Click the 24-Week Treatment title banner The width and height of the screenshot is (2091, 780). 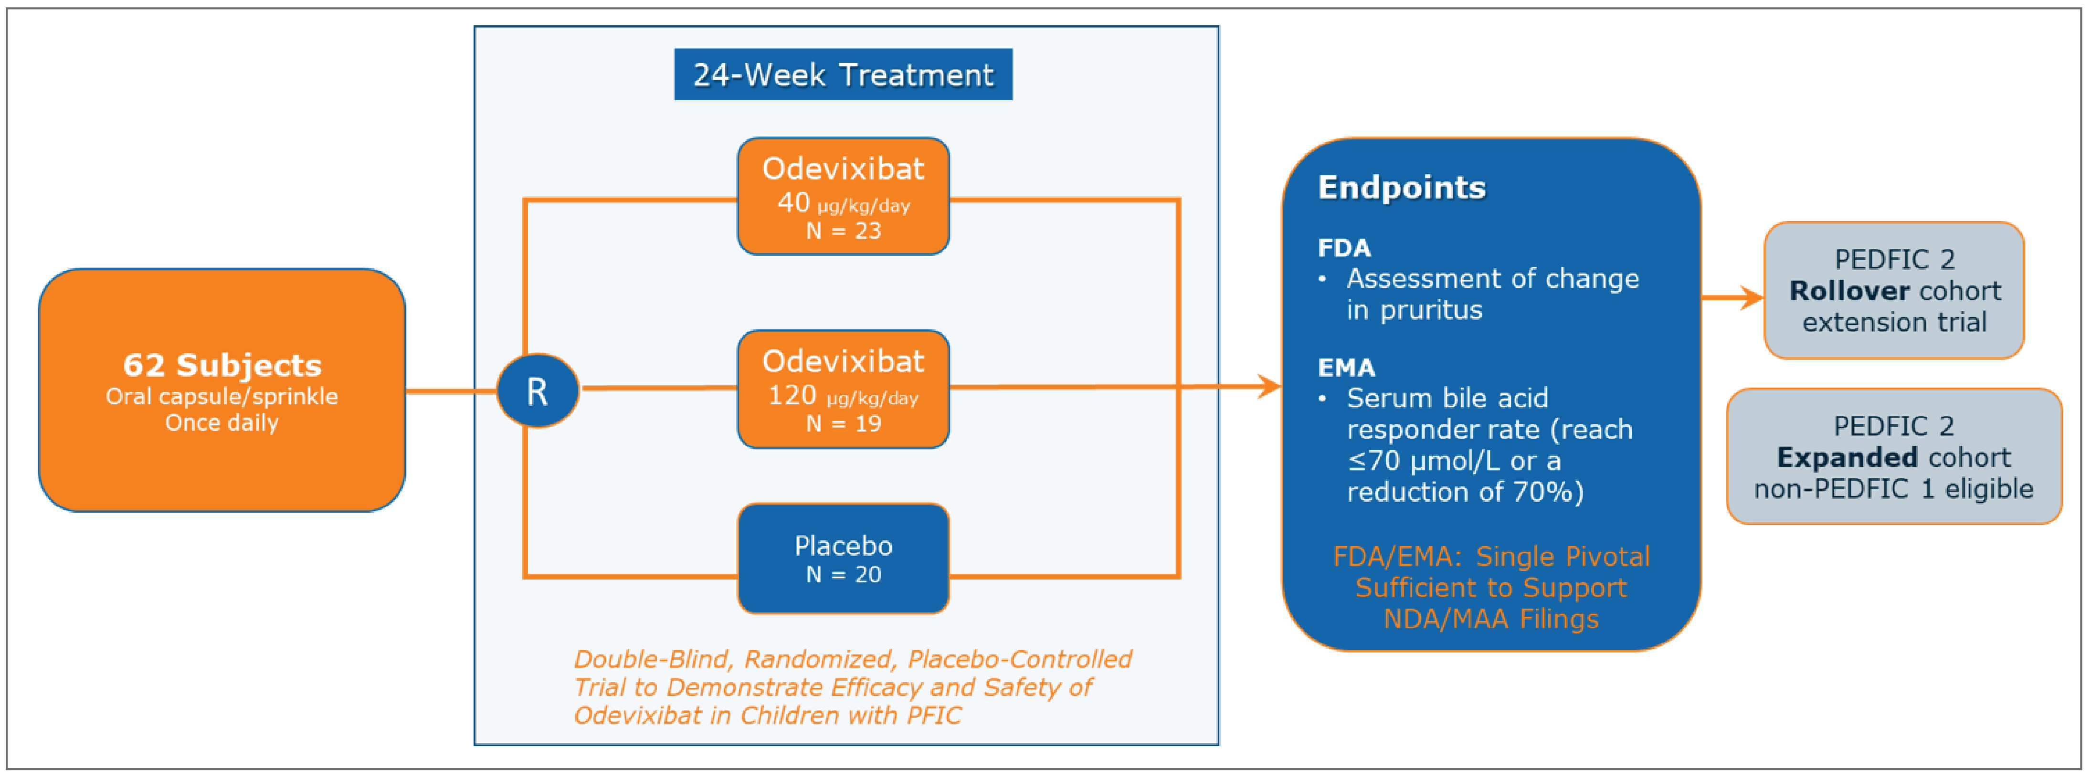843,74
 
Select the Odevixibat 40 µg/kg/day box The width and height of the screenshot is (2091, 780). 843,196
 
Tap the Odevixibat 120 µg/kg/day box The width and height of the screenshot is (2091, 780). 843,389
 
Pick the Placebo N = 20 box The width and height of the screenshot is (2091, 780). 843,559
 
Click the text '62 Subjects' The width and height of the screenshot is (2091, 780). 222,365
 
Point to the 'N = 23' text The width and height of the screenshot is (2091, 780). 843,232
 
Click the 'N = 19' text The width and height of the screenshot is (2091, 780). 843,424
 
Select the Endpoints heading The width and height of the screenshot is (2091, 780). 1401,188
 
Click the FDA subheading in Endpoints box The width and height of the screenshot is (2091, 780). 1343,248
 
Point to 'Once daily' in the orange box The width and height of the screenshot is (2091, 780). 222,423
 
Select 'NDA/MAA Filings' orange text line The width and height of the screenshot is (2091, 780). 1490,619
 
